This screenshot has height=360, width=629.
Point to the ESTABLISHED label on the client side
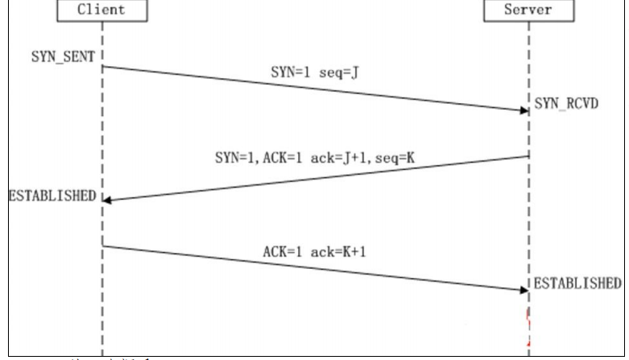click(51, 196)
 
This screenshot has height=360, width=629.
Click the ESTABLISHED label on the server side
click(577, 283)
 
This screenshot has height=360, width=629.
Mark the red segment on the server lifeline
click(528, 321)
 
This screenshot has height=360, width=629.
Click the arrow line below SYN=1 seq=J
click(314, 89)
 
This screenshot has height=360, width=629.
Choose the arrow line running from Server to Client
click(314, 178)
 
